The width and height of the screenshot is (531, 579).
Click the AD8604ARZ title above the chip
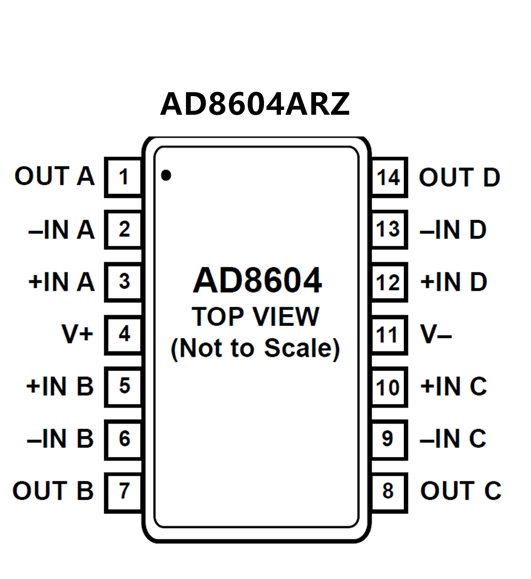coord(255,104)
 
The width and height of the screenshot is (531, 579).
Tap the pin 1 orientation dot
coord(166,175)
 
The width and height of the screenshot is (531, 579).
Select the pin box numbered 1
coord(123,177)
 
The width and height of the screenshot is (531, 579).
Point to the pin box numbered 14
coord(388,177)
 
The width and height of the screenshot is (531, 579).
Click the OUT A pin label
coord(54,176)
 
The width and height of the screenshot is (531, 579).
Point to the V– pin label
coord(436,334)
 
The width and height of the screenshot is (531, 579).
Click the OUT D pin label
coord(459,177)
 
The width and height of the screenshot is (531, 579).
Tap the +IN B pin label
coord(60,386)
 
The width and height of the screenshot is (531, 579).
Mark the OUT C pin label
coord(461,491)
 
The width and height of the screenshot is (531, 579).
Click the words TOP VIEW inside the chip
coord(255,317)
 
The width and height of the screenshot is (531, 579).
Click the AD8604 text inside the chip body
coord(257,281)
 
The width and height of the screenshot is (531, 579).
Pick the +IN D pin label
coord(454,282)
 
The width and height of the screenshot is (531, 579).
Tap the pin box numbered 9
coord(388,439)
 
